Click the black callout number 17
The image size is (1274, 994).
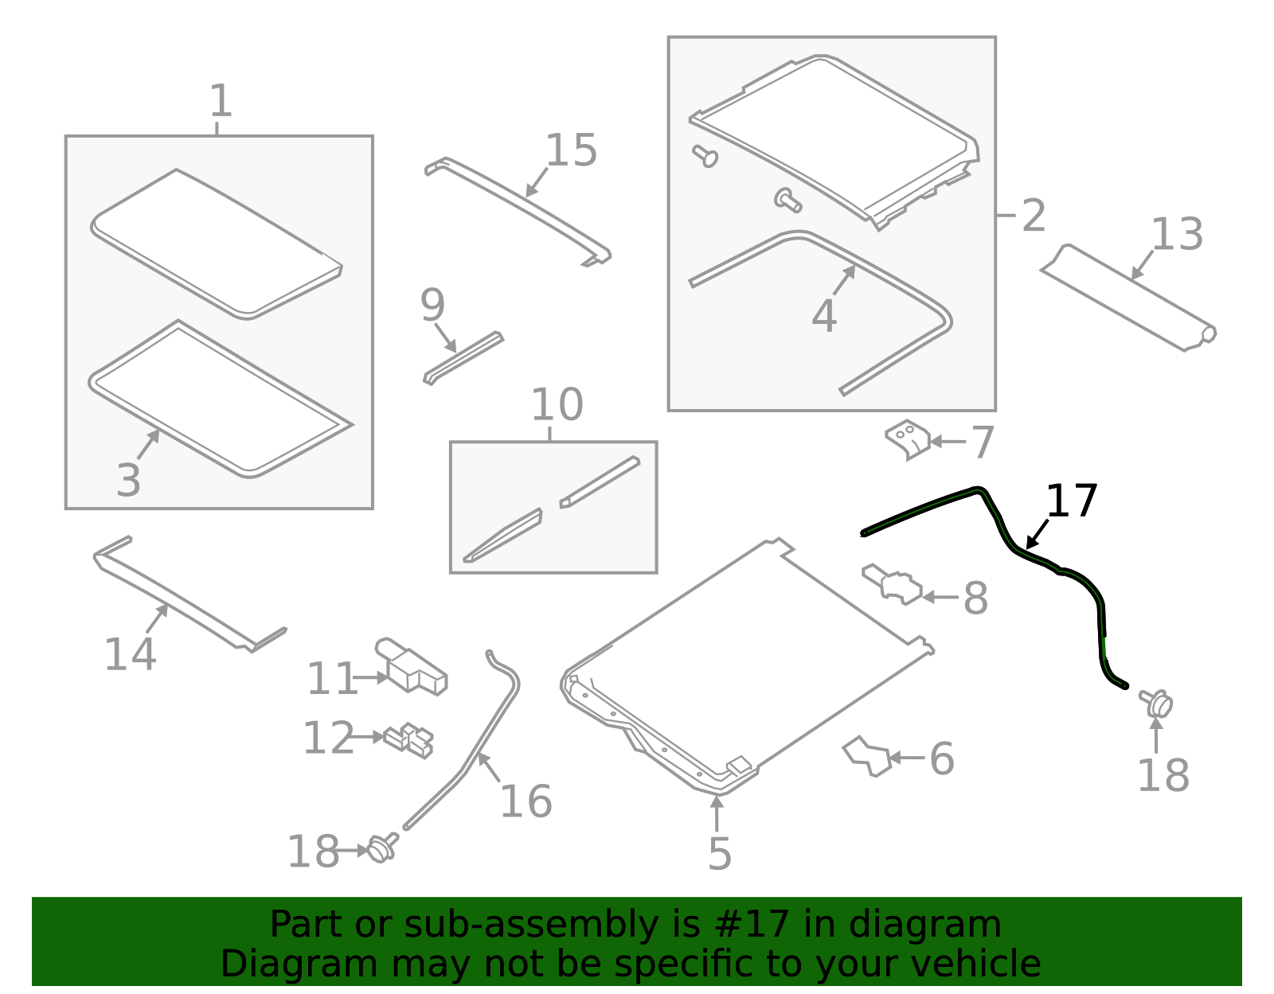[1071, 501]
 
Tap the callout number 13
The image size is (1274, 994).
[1177, 234]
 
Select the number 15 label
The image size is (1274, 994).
[571, 150]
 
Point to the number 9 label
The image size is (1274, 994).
[432, 305]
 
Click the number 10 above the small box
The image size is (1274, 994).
[557, 404]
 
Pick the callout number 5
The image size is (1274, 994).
[720, 853]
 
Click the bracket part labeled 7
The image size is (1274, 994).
[908, 439]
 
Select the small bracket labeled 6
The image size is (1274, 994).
[866, 756]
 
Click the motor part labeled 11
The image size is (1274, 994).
[411, 666]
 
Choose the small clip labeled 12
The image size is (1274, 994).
[408, 741]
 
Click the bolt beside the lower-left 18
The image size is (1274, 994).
[383, 848]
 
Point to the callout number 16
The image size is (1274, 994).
[526, 801]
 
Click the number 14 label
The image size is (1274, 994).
[130, 653]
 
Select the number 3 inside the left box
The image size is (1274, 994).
[128, 481]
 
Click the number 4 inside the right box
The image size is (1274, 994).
[824, 316]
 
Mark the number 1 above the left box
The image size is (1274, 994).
[221, 100]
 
